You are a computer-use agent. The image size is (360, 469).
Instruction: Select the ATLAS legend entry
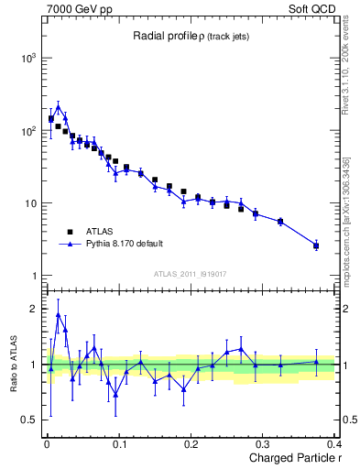coord(100,232)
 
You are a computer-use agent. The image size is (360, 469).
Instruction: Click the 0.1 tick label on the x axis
coord(119,445)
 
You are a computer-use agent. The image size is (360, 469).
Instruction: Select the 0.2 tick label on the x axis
coord(191,445)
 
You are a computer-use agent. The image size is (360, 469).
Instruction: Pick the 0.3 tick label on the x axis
coord(264,445)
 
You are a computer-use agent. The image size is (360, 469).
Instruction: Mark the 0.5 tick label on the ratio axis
coord(28,420)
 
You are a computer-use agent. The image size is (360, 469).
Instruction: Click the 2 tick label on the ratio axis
coord(35,310)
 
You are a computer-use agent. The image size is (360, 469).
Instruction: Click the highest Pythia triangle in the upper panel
coord(59,107)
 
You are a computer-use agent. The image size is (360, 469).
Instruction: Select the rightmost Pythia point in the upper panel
coord(316,245)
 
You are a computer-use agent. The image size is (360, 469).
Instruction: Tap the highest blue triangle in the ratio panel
coord(59,315)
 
